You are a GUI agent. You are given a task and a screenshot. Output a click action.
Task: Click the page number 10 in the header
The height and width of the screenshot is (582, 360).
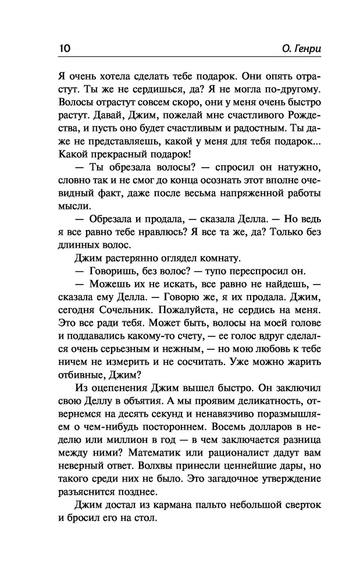click(64, 48)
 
